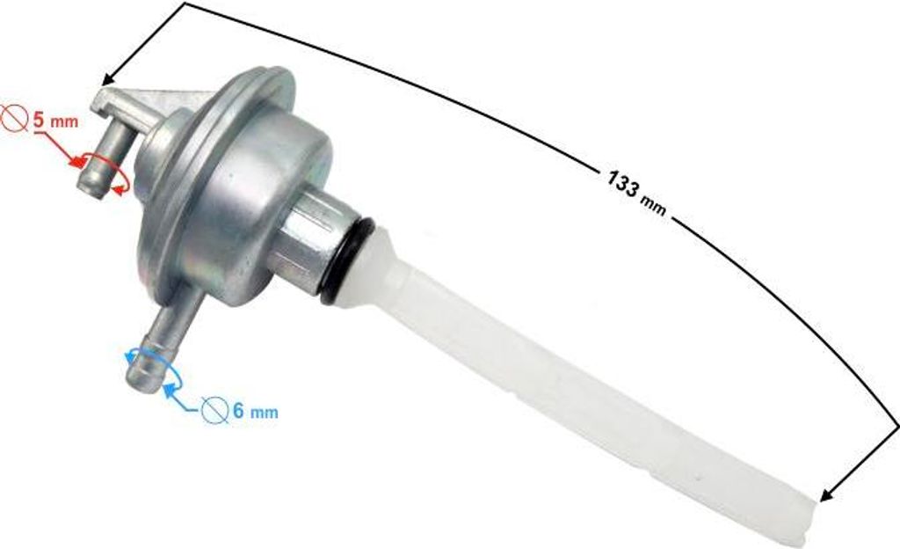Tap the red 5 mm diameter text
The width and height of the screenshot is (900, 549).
pyautogui.click(x=55, y=121)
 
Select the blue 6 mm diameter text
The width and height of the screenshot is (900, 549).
pyautogui.click(x=256, y=411)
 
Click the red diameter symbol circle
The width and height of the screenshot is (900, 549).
pyautogui.click(x=14, y=118)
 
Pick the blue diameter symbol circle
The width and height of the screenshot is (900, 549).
pyautogui.click(x=214, y=411)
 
